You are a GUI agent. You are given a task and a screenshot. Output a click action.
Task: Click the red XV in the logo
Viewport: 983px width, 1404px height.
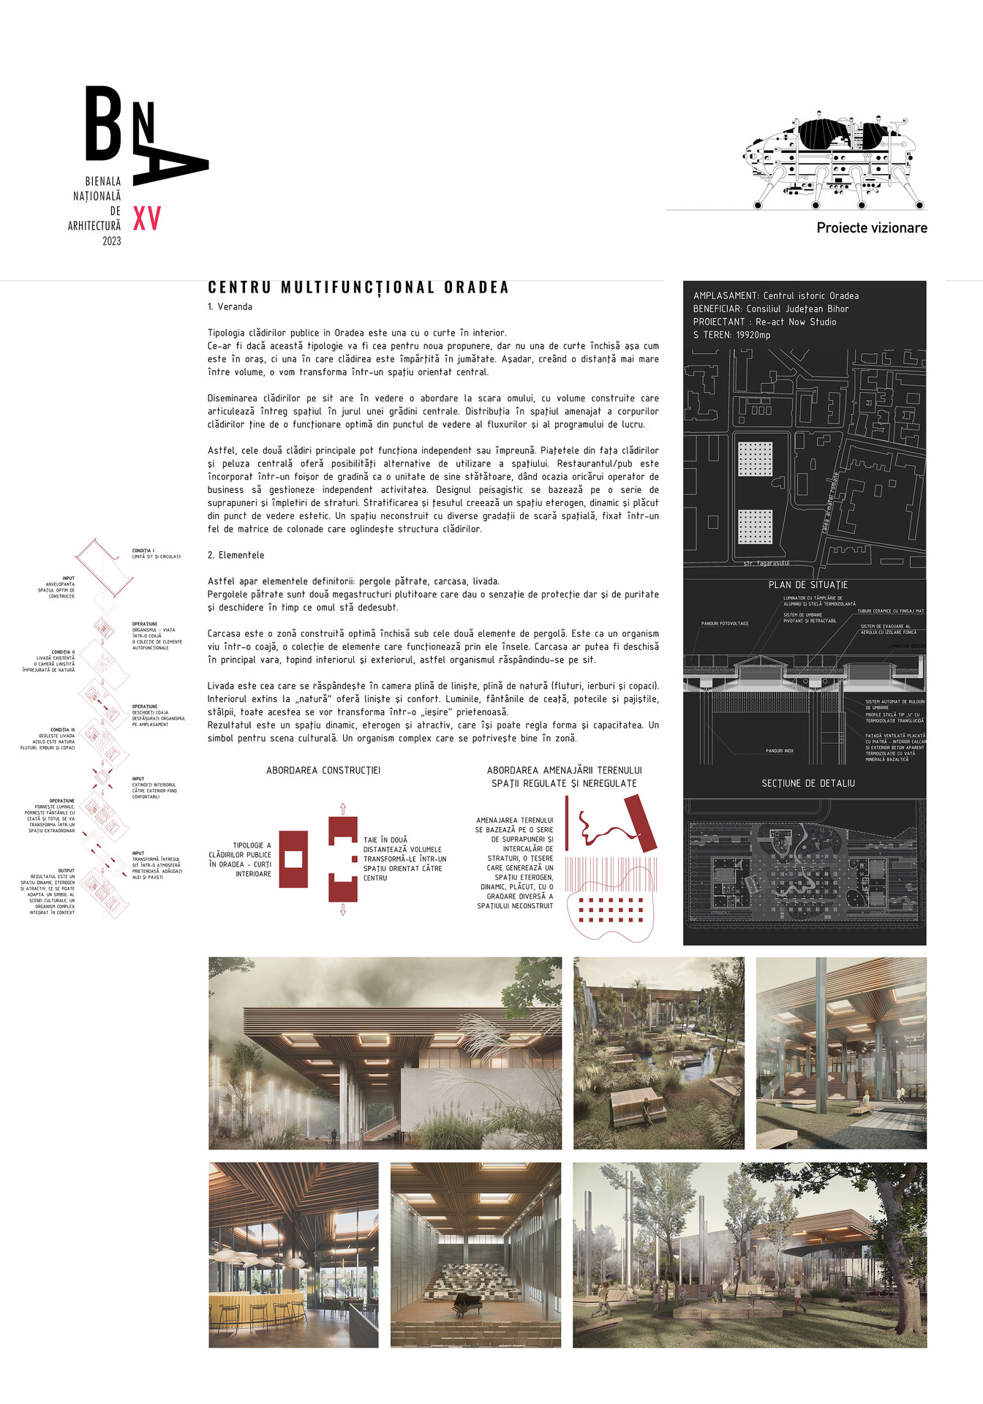(x=146, y=218)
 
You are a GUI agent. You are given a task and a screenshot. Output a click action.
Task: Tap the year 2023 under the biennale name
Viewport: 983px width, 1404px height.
(x=112, y=241)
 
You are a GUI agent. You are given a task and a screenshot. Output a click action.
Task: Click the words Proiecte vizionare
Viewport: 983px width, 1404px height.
(x=872, y=228)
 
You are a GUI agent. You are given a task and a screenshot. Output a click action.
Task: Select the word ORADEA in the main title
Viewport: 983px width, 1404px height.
(x=476, y=287)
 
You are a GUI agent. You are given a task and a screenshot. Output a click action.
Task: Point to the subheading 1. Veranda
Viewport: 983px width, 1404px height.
(x=230, y=307)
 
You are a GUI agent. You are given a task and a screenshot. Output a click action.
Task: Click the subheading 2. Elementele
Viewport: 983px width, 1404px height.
(x=236, y=556)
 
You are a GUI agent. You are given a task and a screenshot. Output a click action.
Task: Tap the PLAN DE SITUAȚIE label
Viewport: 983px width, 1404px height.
(x=807, y=585)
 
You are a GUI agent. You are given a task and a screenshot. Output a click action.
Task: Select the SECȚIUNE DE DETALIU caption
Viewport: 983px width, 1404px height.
(x=807, y=783)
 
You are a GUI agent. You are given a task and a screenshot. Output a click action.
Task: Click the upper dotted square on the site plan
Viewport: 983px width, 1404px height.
(x=755, y=459)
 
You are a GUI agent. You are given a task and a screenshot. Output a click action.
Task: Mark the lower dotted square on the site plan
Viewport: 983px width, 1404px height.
(x=755, y=526)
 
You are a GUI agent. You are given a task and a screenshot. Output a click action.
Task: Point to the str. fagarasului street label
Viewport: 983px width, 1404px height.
(x=766, y=564)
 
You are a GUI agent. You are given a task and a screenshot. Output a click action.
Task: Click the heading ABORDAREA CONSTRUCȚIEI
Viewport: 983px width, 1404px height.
(x=323, y=771)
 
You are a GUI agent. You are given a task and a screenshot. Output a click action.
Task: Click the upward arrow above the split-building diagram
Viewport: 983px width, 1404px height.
(x=342, y=808)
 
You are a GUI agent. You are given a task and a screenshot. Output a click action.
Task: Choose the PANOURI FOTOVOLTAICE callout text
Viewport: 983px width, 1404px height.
(x=724, y=624)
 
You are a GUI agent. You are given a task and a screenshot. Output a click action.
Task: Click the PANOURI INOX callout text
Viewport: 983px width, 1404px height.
(x=779, y=751)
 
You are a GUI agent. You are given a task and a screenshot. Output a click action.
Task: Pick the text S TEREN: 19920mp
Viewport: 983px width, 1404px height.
(x=731, y=335)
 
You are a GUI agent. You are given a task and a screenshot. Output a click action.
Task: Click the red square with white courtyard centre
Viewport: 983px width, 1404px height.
(x=293, y=859)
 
